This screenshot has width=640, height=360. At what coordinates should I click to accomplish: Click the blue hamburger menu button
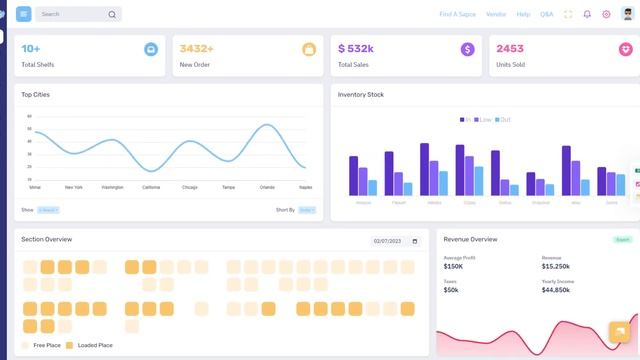click(x=24, y=14)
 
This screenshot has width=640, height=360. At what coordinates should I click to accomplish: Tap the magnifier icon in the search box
click(x=112, y=15)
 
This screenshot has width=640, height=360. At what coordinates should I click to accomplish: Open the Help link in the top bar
click(x=523, y=15)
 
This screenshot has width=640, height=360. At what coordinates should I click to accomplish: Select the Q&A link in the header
click(x=546, y=15)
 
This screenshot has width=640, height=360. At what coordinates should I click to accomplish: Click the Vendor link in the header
click(x=496, y=15)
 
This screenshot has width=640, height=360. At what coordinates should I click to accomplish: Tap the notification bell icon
click(x=587, y=15)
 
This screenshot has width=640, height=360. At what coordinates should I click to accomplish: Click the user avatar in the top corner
click(x=627, y=14)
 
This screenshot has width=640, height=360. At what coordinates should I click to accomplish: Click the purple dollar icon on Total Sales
click(x=467, y=49)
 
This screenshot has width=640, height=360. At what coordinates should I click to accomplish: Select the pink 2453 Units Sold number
click(x=509, y=48)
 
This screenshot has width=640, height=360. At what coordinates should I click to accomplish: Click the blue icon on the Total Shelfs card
click(x=150, y=49)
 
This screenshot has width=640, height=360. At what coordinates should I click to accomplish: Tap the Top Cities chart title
click(x=36, y=95)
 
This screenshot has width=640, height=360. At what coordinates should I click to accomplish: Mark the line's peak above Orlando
click(x=267, y=125)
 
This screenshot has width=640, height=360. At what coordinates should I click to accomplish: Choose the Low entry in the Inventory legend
click(x=485, y=119)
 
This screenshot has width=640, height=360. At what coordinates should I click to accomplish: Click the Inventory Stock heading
click(x=360, y=95)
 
